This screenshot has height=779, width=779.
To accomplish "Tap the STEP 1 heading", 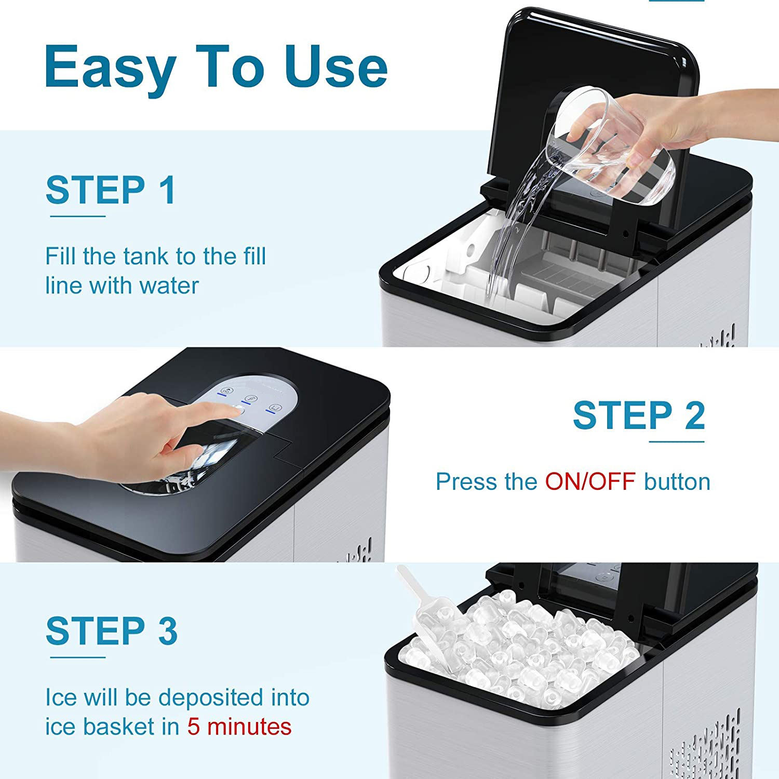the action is pos(111,190).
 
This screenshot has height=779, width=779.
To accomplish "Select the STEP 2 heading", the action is pos(639,415).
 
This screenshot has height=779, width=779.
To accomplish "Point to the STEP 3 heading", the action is pos(112,632).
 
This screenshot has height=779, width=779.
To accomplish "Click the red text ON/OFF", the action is pos(590,482).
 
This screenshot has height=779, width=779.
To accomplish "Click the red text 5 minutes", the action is pos(239,727).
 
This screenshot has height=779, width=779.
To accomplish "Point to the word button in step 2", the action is pos(677,482).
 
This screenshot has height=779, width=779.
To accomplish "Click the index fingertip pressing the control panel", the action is pos(238,410).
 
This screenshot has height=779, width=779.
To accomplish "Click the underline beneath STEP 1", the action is pos(77,216).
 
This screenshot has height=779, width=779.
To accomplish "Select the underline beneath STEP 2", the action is pos(677,442).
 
